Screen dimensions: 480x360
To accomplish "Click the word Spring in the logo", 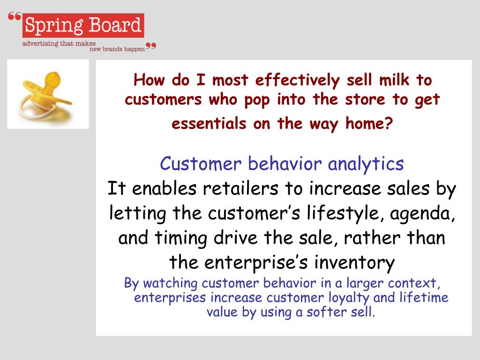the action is pyautogui.click(x=54, y=25).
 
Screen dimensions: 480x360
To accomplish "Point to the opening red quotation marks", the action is pyautogui.click(x=15, y=16).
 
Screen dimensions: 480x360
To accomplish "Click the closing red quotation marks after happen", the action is pyautogui.click(x=151, y=46).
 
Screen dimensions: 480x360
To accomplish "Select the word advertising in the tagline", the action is pyautogui.click(x=40, y=44).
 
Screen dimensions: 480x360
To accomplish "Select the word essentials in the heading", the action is pyautogui.click(x=209, y=123).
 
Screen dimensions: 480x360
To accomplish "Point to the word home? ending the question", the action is pyautogui.click(x=369, y=123).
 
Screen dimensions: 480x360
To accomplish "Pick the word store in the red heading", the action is pyautogui.click(x=365, y=99).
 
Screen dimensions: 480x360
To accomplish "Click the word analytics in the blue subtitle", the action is pyautogui.click(x=366, y=164).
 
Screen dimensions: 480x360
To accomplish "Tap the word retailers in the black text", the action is pyautogui.click(x=240, y=188).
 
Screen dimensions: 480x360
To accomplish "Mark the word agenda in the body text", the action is pyautogui.click(x=422, y=214).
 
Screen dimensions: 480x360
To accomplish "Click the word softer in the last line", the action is pyautogui.click(x=327, y=312).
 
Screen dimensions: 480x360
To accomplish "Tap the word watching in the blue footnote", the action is pyautogui.click(x=170, y=283).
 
